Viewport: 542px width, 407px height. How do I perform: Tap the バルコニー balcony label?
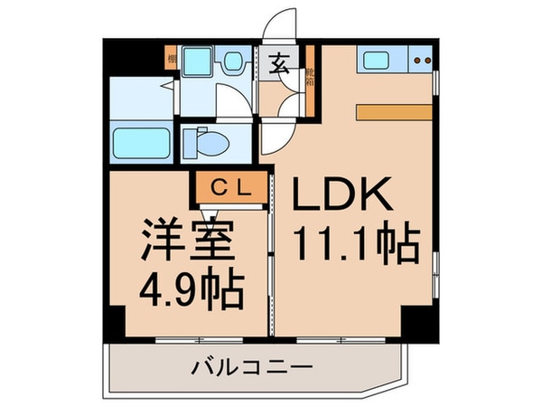[x=252, y=369]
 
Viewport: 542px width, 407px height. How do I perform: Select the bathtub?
[x=141, y=143]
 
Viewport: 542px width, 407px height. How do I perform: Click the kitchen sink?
[x=375, y=62]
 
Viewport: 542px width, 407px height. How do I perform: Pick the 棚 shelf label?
[x=171, y=61]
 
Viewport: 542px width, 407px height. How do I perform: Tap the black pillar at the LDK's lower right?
[x=417, y=321]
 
